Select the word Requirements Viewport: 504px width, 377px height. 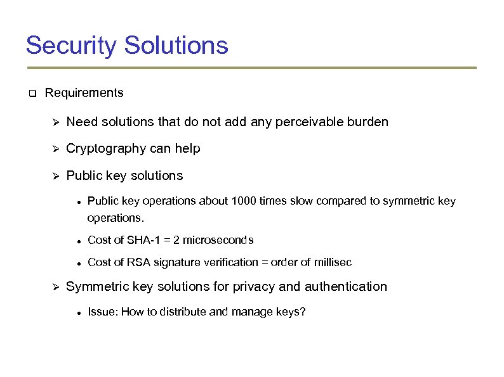[84, 93]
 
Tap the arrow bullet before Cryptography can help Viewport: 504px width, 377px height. [55, 149]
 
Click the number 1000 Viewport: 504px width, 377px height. [244, 201]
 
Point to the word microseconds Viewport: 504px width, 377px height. [218, 240]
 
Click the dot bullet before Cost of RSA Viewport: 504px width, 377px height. [76, 263]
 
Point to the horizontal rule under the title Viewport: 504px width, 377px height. [251, 68]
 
